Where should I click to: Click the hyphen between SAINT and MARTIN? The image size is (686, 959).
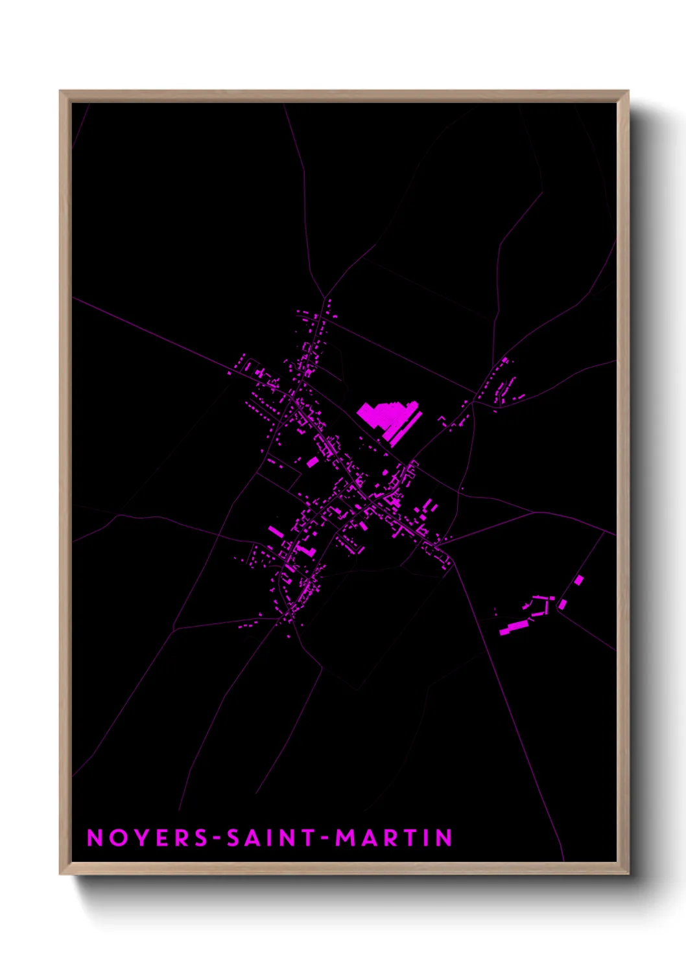pos(324,838)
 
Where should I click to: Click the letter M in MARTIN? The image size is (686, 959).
pos(345,838)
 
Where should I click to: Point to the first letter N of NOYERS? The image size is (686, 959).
pos(95,838)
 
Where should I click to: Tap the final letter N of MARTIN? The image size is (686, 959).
pos(444,838)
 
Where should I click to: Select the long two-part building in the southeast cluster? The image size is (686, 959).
pos(514,627)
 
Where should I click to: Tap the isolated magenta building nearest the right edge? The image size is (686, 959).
pos(578,581)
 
